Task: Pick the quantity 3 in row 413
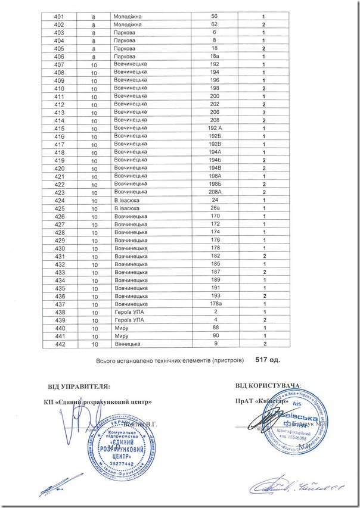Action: (263, 112)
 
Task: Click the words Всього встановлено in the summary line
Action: (123, 360)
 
